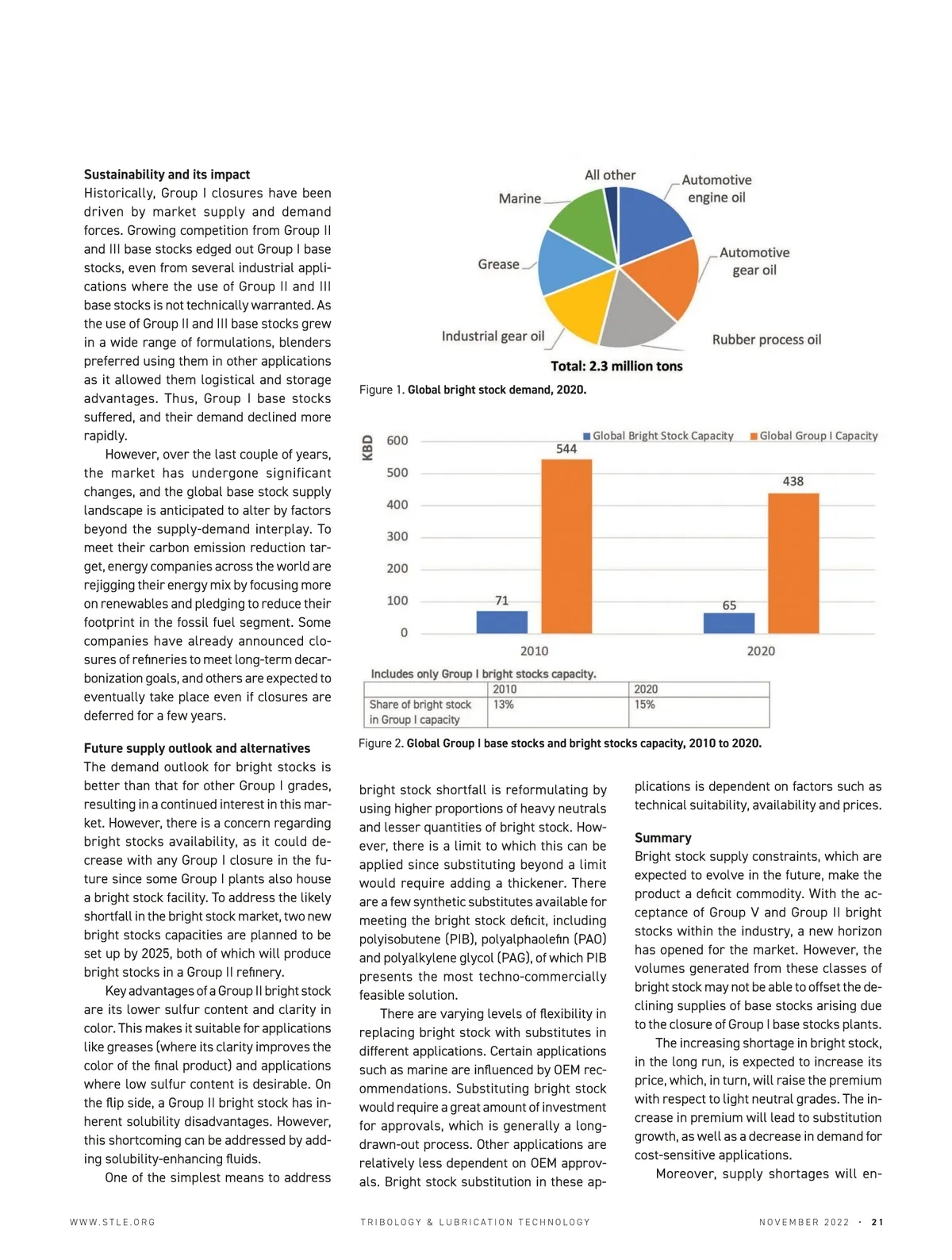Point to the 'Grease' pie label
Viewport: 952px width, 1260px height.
pyautogui.click(x=498, y=264)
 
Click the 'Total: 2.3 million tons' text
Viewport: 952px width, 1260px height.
pyautogui.click(x=616, y=366)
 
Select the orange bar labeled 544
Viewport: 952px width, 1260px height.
pyautogui.click(x=566, y=546)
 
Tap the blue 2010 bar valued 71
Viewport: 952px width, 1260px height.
pyautogui.click(x=501, y=621)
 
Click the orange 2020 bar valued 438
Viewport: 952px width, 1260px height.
pyautogui.click(x=793, y=563)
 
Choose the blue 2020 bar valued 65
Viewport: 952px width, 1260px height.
pyautogui.click(x=728, y=623)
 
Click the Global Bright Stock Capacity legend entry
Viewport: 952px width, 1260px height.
pyautogui.click(x=658, y=436)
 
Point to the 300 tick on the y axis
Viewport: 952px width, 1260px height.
pyautogui.click(x=397, y=536)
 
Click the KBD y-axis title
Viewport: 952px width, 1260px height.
pyautogui.click(x=367, y=448)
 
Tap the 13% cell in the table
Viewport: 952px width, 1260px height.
pyautogui.click(x=504, y=705)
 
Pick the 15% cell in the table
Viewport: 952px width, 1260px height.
pyautogui.click(x=644, y=705)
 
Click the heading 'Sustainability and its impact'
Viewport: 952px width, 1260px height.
pyautogui.click(x=167, y=175)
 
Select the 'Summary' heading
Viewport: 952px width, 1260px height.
pyautogui.click(x=662, y=838)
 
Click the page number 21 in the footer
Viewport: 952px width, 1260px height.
pyautogui.click(x=877, y=1222)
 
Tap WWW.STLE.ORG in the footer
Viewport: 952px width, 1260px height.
pyautogui.click(x=113, y=1222)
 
